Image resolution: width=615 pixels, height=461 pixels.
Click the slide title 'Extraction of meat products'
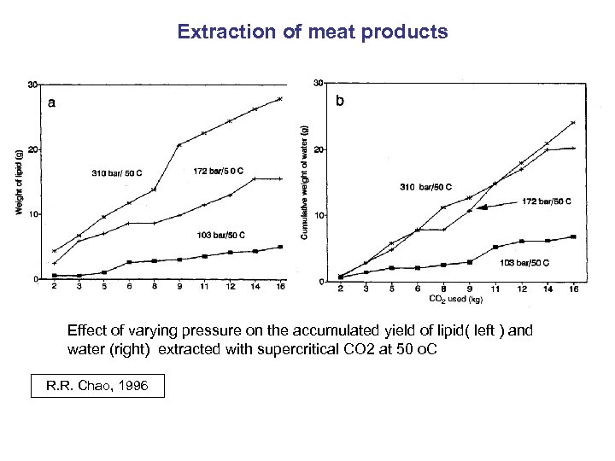coord(312,32)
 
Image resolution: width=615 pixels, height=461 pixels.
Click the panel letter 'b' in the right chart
coord(340,101)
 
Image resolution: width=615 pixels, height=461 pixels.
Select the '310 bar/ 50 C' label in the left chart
coord(117,173)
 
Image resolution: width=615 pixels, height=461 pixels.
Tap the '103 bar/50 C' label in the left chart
coord(220,235)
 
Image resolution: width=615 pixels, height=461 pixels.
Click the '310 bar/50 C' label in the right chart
coord(425,186)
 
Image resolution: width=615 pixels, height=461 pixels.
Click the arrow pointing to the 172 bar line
coord(495,206)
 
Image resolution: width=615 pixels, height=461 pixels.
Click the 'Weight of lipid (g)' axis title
coord(20,183)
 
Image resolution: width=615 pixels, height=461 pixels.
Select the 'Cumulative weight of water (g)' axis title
coord(305,182)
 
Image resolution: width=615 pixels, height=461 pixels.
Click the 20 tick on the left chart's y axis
coord(32,149)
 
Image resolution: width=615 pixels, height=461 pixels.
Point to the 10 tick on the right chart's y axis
coord(319,215)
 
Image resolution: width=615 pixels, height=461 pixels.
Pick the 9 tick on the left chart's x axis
coord(179,288)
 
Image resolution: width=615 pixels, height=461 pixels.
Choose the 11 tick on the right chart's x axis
coord(495,289)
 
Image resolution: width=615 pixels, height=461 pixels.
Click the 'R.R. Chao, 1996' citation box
coord(97,387)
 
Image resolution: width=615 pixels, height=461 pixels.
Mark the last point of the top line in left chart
coord(280,99)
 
